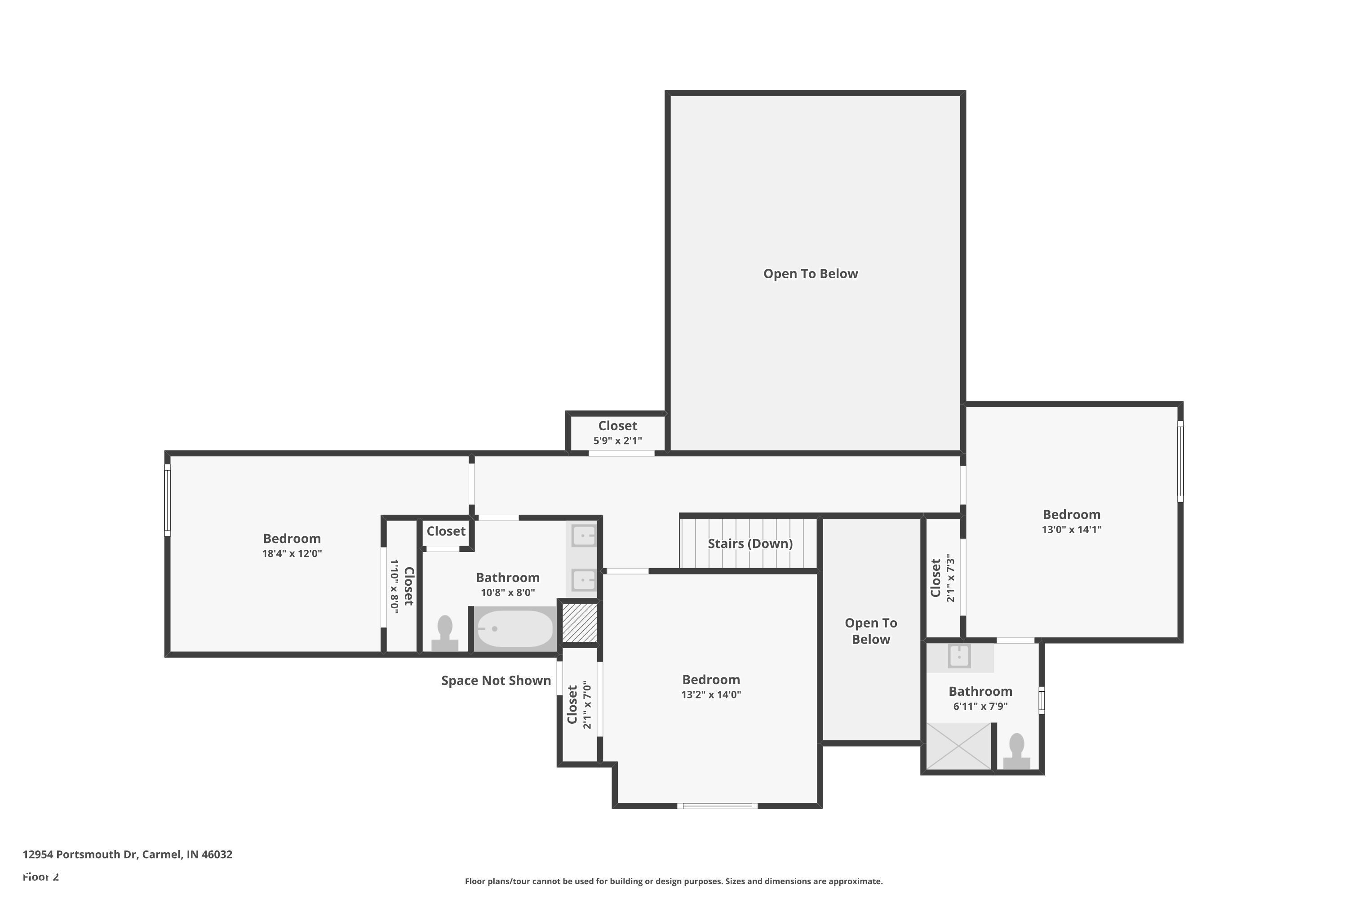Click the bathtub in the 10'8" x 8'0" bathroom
(514, 629)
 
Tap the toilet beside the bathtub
(445, 633)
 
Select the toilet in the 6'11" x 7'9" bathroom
(1016, 751)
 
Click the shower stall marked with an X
(959, 745)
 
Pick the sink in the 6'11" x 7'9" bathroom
(959, 656)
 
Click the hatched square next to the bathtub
(580, 622)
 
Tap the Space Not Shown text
(496, 681)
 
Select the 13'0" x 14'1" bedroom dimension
(1071, 530)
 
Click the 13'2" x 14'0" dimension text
(711, 695)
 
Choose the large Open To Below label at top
(811, 274)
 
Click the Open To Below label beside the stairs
(871, 631)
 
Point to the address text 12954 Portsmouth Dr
(127, 854)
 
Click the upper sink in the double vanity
(583, 537)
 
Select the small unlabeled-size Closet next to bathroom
(446, 531)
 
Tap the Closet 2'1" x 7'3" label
(942, 578)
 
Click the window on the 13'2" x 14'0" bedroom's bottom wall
(717, 806)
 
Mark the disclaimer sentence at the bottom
(674, 881)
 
